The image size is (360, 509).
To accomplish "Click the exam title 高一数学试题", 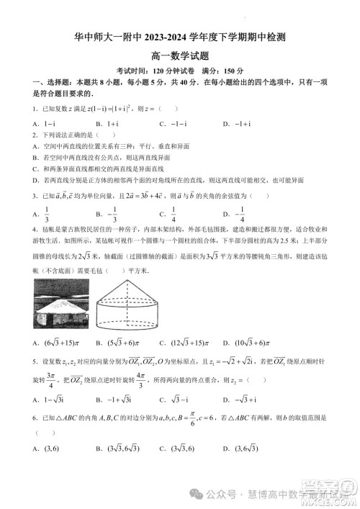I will [180, 55].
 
